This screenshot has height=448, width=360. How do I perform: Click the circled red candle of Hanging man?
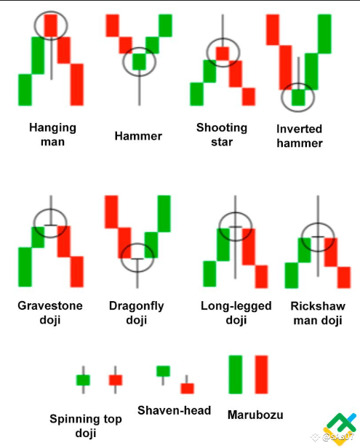click(x=51, y=25)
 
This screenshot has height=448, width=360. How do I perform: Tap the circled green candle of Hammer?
click(x=139, y=62)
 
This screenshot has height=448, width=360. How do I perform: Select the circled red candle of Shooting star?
click(x=223, y=53)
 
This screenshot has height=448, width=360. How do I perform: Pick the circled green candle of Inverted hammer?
click(x=298, y=97)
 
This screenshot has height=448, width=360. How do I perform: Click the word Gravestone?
click(x=50, y=305)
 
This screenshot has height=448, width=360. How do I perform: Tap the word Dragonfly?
click(x=137, y=306)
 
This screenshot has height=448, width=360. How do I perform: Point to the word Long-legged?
click(x=236, y=306)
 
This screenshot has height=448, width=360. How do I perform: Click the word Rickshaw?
click(x=318, y=306)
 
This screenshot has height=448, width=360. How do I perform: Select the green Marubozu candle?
click(x=236, y=375)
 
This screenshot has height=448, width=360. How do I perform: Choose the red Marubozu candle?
click(x=261, y=375)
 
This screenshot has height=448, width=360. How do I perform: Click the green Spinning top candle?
click(x=83, y=380)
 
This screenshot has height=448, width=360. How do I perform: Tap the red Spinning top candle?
click(x=116, y=380)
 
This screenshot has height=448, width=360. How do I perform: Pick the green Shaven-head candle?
click(x=163, y=371)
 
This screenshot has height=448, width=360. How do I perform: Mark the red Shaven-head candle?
click(x=187, y=388)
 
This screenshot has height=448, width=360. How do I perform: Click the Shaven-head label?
click(x=174, y=411)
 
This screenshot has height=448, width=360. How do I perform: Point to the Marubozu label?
click(x=255, y=415)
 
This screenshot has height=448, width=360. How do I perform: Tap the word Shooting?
click(x=222, y=128)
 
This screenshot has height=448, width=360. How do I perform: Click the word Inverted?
click(x=299, y=129)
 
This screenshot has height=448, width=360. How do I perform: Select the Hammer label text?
click(x=138, y=136)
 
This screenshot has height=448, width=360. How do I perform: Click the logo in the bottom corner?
click(x=340, y=428)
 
